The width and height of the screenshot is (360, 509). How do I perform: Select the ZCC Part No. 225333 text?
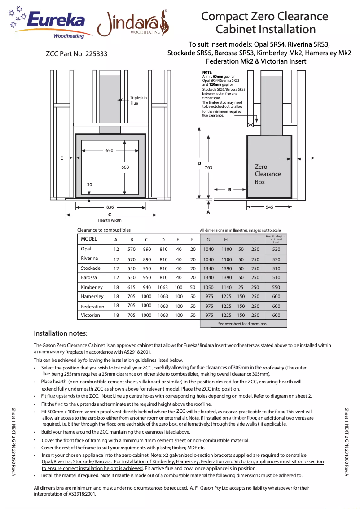(76, 54)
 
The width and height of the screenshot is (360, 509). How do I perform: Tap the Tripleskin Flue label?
(138, 101)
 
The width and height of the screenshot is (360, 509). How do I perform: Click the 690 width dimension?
(109, 151)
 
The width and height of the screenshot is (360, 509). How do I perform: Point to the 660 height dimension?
(125, 167)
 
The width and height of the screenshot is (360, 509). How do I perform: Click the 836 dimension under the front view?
(110, 207)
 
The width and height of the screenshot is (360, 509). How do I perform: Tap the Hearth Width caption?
(110, 220)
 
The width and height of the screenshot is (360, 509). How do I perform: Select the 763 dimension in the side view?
(208, 167)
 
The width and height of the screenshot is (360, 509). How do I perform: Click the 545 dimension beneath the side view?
(269, 207)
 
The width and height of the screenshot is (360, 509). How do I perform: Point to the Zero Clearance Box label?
(268, 174)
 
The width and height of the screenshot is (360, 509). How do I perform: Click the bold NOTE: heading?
(207, 72)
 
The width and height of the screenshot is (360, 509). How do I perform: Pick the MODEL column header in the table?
(89, 239)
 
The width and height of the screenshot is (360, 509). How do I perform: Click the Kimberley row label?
(92, 287)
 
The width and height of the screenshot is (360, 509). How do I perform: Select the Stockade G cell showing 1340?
(208, 268)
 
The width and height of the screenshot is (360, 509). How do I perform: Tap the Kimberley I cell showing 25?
(241, 287)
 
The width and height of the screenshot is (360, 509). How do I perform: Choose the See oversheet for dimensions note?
(242, 324)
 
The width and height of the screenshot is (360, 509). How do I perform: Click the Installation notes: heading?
(61, 333)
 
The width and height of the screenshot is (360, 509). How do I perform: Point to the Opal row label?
(86, 249)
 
